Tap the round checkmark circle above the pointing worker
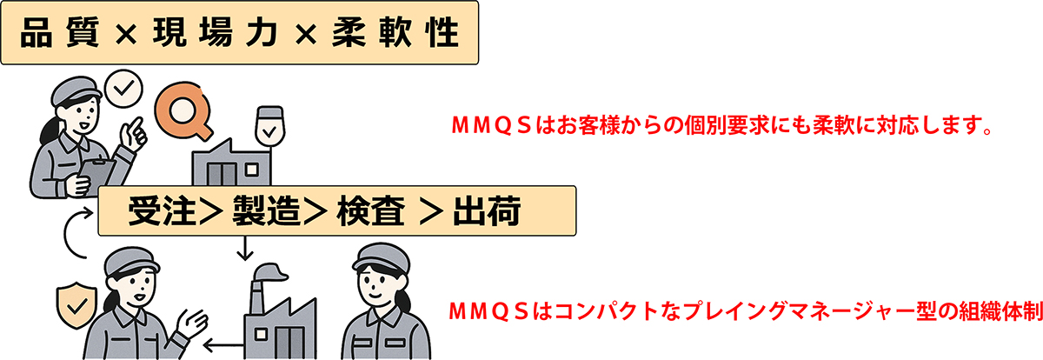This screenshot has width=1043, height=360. [x=122, y=87]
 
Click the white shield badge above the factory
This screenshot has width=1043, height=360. [x=270, y=128]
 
